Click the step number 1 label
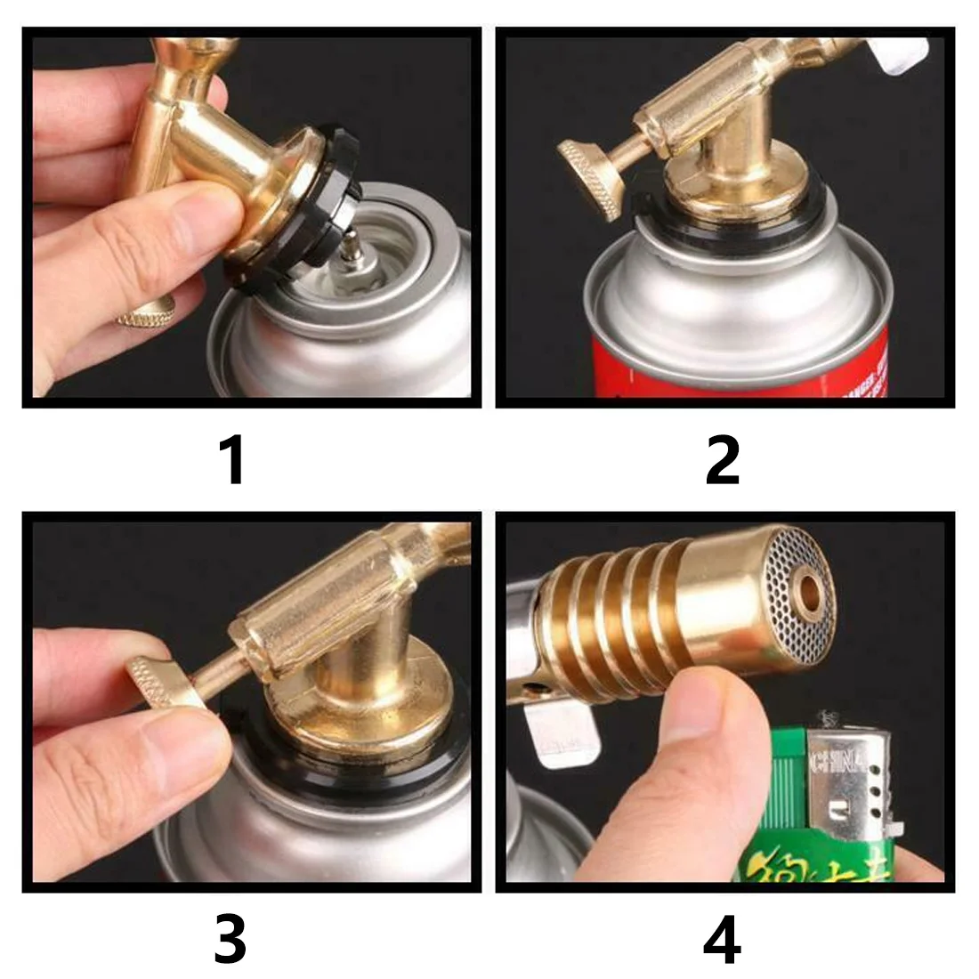[x=232, y=459]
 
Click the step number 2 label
[x=722, y=459]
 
